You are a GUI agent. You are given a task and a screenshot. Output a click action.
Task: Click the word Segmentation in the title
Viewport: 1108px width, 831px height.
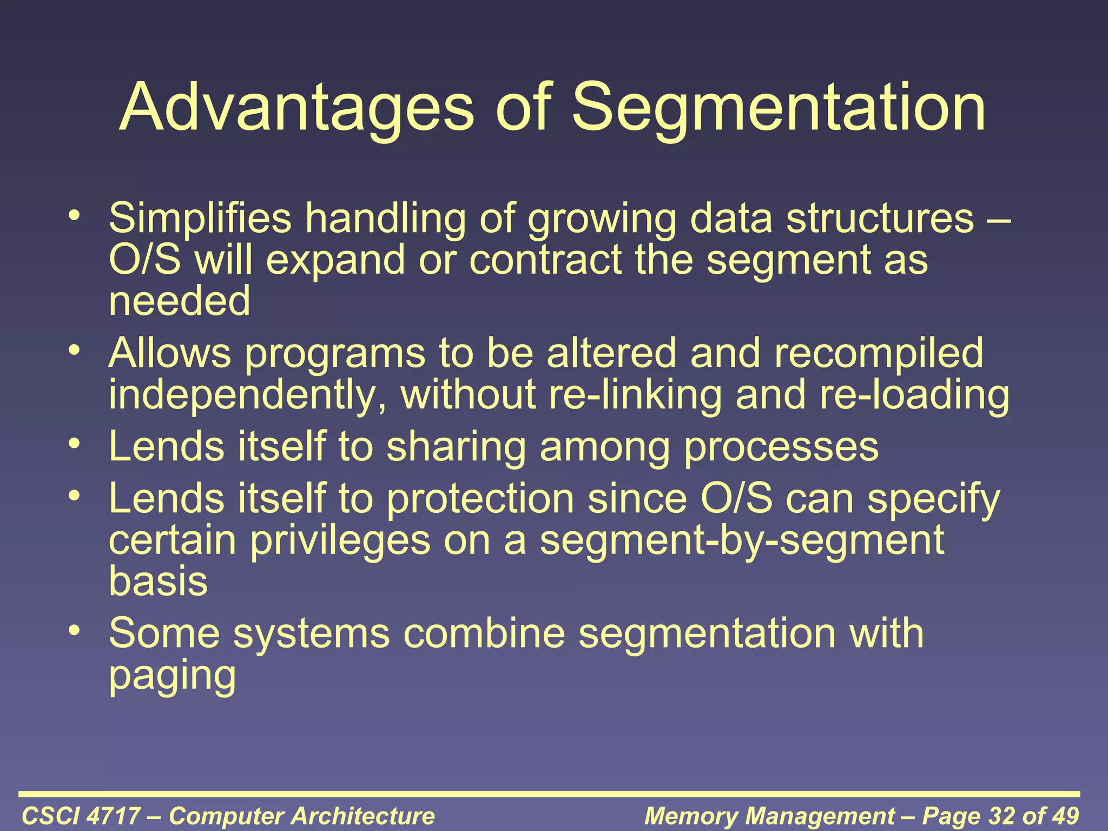(779, 108)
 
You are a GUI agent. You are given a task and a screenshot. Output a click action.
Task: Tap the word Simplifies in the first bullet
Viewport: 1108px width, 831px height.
(200, 218)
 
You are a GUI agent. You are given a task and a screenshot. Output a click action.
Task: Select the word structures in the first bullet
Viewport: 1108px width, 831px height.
(880, 218)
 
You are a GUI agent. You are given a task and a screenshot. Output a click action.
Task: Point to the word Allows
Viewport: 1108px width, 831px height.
(170, 353)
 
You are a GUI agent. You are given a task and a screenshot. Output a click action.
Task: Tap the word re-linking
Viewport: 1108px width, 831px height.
(635, 395)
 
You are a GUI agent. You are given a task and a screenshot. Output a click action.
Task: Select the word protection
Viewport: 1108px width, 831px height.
(480, 499)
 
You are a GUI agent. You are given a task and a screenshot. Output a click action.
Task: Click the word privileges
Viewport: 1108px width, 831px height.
(340, 541)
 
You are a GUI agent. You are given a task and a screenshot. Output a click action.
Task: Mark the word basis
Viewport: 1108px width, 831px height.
(158, 581)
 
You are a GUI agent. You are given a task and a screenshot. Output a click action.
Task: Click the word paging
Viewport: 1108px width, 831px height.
(172, 676)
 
